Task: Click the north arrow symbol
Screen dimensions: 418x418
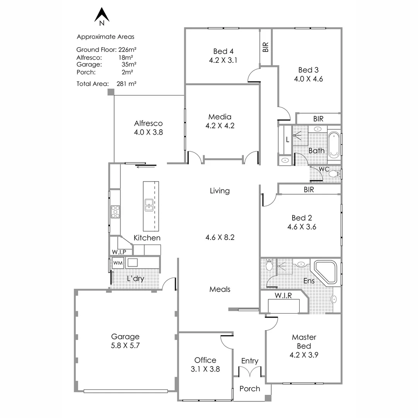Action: [102, 16]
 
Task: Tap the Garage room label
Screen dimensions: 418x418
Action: [125, 336]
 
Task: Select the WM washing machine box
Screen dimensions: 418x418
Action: [118, 263]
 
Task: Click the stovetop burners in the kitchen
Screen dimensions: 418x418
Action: [115, 212]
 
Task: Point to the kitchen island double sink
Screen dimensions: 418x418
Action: [149, 205]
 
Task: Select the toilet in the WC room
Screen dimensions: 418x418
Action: [334, 174]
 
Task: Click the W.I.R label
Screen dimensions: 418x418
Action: [283, 295]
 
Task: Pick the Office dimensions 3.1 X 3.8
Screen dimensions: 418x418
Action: [205, 369]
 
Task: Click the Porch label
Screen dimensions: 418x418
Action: [250, 389]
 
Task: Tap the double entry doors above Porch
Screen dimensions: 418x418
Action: [250, 371]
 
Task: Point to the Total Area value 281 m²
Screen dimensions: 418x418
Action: [126, 84]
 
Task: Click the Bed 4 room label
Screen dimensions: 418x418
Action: [223, 51]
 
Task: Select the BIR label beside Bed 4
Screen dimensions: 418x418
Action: [266, 47]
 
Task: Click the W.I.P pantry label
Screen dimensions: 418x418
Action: [119, 252]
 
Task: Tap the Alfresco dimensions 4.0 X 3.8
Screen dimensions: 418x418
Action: [148, 132]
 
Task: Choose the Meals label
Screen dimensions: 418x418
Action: [220, 289]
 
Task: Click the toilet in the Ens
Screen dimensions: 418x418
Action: [269, 265]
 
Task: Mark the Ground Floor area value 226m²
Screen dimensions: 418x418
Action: [127, 50]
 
